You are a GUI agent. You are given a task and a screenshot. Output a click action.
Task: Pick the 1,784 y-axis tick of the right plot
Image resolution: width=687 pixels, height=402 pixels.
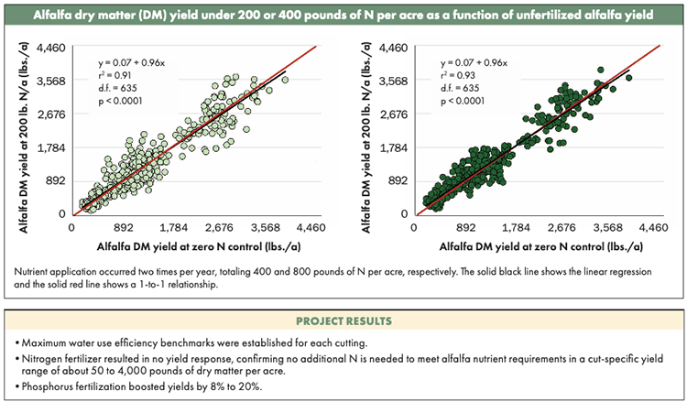point(395,147)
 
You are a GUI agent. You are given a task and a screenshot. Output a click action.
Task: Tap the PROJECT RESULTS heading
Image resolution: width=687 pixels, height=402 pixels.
point(343,321)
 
